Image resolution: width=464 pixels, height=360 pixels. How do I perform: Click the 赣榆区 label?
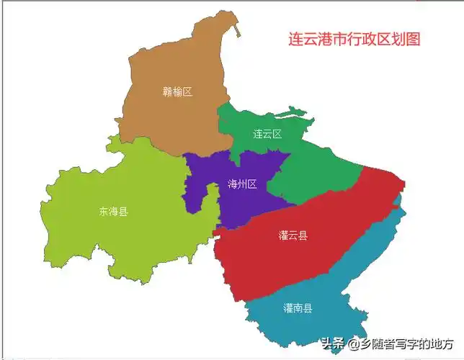tap(177, 91)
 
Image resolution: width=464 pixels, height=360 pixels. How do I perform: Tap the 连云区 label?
tap(267, 134)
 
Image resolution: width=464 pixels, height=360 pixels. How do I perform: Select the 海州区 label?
tap(242, 184)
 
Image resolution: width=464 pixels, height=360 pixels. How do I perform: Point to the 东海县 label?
tap(114, 212)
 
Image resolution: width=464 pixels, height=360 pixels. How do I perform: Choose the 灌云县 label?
tap(293, 235)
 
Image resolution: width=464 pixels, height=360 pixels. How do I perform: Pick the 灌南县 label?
tap(298, 308)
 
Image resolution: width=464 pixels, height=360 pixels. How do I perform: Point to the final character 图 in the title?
tap(413, 40)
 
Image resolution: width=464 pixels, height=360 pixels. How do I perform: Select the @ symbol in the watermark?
tap(353, 344)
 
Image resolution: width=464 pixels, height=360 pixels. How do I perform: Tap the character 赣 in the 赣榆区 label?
tap(167, 91)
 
